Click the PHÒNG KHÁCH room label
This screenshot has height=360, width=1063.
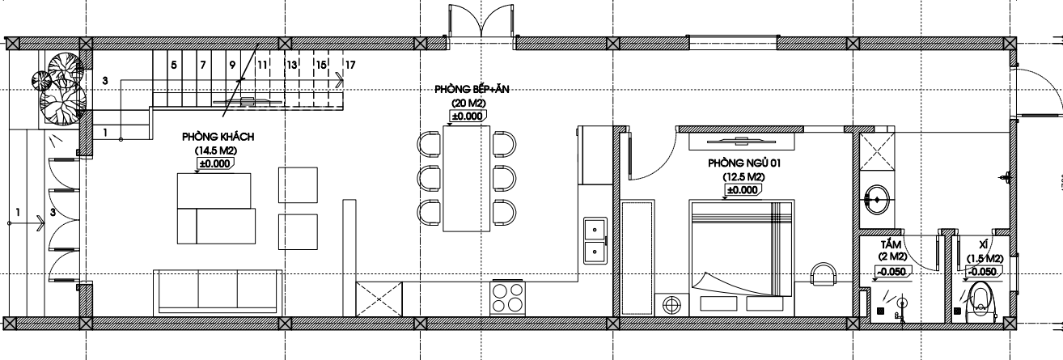coord(218,137)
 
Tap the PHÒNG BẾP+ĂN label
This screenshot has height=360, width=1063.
coord(472,89)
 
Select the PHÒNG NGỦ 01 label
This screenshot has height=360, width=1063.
coord(744,163)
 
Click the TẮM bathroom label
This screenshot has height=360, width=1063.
coord(891,245)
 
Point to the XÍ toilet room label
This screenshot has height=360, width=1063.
coord(984,245)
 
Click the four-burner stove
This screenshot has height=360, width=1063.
coord(508,298)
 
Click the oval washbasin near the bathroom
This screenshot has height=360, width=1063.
coord(877,200)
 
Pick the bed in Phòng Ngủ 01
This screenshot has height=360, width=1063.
coord(742,257)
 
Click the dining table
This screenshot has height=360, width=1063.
coord(467,178)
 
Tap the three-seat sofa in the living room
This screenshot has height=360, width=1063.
coord(218,292)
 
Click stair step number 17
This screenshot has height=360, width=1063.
coord(350,65)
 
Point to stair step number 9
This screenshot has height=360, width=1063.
coord(232,65)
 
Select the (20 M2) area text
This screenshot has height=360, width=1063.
coord(468,104)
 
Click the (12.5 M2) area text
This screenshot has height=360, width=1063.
coord(743,177)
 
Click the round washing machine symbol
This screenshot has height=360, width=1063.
coord(671,304)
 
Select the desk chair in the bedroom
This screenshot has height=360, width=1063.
coord(824,275)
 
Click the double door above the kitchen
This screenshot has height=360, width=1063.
coord(481,20)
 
